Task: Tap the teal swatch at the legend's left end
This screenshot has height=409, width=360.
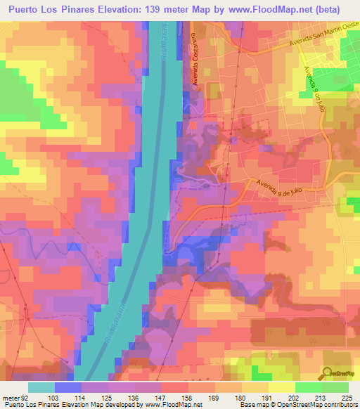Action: coord(41,387)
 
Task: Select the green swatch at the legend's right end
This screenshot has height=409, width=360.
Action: coord(335,387)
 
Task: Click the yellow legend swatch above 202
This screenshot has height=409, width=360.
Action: coord(282,387)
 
